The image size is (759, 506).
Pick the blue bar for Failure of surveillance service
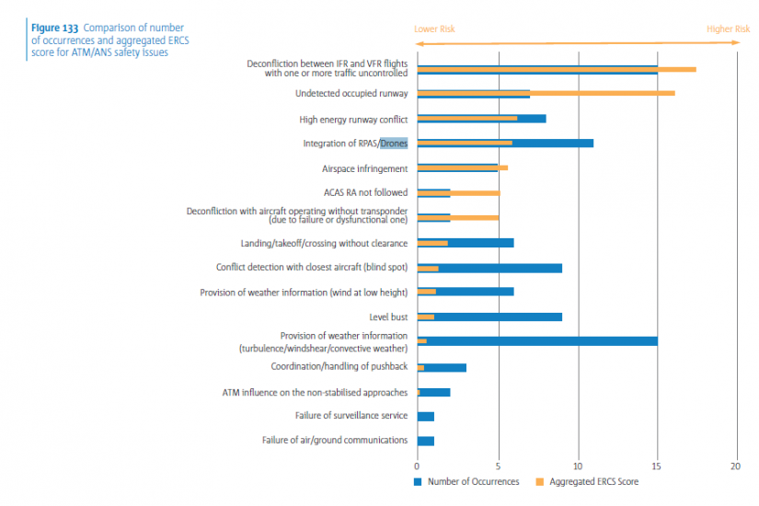click(x=425, y=416)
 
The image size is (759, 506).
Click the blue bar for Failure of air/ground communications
click(x=425, y=441)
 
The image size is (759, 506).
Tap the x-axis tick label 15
click(x=657, y=466)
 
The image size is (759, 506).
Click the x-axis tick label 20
click(x=736, y=466)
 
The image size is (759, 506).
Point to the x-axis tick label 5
click(x=498, y=466)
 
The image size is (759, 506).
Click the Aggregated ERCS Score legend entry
click(x=592, y=481)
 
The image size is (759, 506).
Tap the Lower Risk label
click(x=434, y=29)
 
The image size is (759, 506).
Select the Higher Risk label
click(x=728, y=29)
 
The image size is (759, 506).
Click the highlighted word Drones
click(x=394, y=144)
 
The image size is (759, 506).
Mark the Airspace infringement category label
click(x=364, y=168)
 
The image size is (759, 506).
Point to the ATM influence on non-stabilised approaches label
click(x=315, y=392)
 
